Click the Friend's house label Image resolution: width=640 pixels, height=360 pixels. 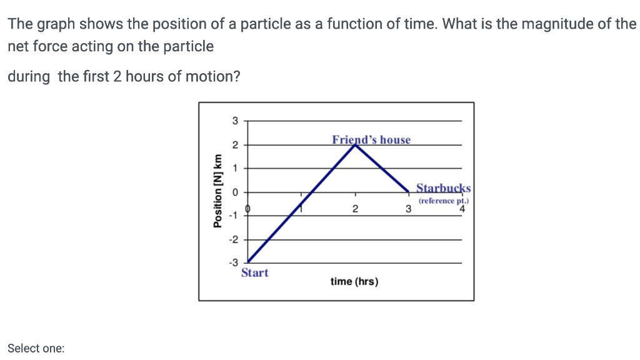[371, 139]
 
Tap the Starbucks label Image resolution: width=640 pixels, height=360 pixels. [444, 187]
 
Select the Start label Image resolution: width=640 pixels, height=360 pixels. [255, 272]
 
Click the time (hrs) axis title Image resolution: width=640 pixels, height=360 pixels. [354, 281]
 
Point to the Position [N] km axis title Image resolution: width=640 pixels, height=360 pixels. [217, 191]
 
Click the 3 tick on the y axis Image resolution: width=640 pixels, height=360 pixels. [235, 121]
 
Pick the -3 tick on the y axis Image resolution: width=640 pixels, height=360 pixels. [233, 263]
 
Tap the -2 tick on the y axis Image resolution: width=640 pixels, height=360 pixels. [233, 239]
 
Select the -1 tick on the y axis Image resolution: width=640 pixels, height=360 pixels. [233, 216]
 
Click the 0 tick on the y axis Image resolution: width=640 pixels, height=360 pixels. [235, 192]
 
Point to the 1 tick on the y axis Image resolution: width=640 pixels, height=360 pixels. [235, 168]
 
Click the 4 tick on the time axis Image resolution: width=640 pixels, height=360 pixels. [462, 209]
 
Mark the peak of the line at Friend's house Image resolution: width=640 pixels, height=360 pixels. [356, 144]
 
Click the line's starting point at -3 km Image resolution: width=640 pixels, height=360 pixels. [248, 262]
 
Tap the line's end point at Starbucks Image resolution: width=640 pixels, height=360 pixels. [409, 191]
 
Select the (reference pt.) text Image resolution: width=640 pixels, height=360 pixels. [444, 201]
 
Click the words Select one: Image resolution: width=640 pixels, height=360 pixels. [36, 349]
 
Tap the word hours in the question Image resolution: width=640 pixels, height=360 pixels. [142, 77]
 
